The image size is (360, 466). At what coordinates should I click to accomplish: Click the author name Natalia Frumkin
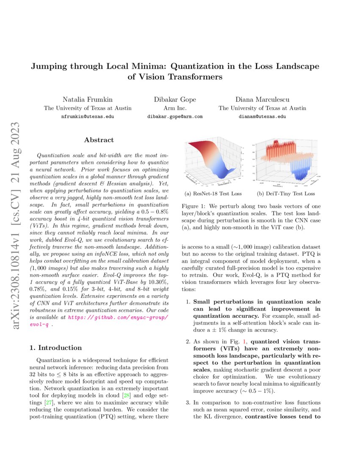[88, 100]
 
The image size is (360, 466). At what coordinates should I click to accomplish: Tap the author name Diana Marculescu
[262, 100]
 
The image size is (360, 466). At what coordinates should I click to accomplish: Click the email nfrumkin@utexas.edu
[88, 116]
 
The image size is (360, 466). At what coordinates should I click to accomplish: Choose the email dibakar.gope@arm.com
[175, 116]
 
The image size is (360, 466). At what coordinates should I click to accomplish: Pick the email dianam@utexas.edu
[262, 116]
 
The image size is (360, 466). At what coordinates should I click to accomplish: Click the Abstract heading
[99, 140]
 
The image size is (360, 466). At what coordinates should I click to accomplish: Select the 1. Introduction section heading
[55, 347]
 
